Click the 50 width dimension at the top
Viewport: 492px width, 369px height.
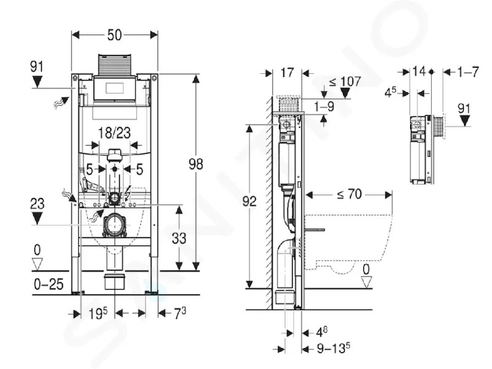pos(114,35)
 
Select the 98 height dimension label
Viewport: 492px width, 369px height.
pos(196,164)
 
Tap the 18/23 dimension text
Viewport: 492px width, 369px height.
pos(114,133)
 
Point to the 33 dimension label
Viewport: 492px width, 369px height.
pos(179,239)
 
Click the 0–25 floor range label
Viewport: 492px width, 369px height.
pos(49,284)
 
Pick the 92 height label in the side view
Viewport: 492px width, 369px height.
pos(250,202)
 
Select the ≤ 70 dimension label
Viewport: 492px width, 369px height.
pos(349,194)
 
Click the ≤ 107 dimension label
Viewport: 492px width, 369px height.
pos(344,82)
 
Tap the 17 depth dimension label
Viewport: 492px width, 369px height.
pos(287,73)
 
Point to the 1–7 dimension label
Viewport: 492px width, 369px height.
pos(468,72)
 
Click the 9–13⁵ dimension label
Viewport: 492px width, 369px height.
pos(333,348)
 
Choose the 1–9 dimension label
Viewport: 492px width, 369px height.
pos(324,106)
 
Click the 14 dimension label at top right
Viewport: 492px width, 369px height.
pos(419,71)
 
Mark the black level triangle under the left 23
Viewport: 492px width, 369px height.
pos(37,218)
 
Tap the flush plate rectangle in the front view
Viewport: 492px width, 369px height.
pos(115,88)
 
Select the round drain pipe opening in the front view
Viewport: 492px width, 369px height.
pos(115,225)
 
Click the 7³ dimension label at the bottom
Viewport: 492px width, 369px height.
pos(180,312)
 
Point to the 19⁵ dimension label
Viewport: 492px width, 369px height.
pos(98,313)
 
